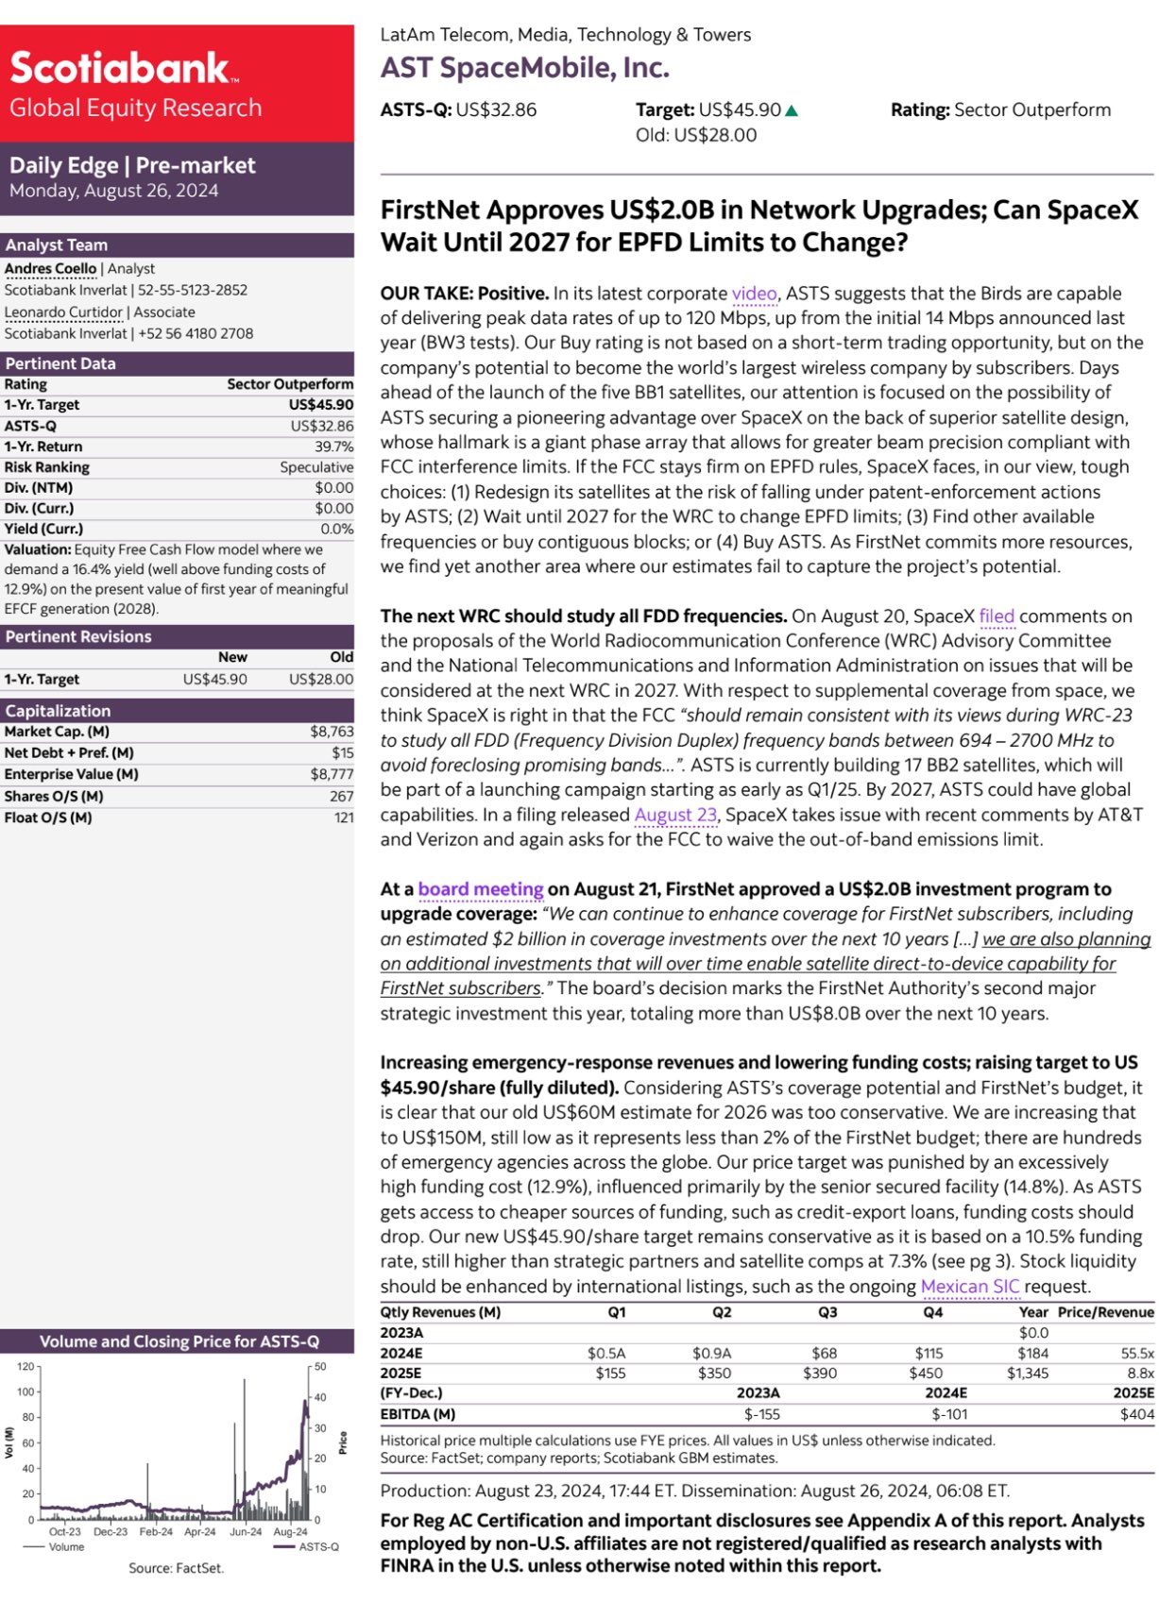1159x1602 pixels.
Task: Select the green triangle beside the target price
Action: pyautogui.click(x=792, y=110)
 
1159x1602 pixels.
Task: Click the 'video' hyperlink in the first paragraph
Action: pyautogui.click(x=754, y=294)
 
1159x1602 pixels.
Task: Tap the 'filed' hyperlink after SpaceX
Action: pyautogui.click(x=997, y=616)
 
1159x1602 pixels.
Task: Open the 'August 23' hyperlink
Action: pyautogui.click(x=675, y=815)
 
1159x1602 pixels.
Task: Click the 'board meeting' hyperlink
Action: pyautogui.click(x=481, y=889)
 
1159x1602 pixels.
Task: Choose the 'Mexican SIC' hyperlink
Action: pyautogui.click(x=970, y=1287)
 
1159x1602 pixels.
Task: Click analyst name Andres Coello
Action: pyautogui.click(x=50, y=269)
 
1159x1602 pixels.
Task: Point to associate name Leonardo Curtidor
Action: pyautogui.click(x=63, y=312)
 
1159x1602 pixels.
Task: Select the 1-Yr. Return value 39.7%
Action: pyautogui.click(x=334, y=447)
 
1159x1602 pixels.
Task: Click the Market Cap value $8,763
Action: pyautogui.click(x=332, y=732)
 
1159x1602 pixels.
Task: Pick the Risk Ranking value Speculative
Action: pyautogui.click(x=316, y=467)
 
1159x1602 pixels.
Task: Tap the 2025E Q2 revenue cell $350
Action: pyautogui.click(x=714, y=1374)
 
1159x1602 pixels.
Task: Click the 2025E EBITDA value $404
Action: pyautogui.click(x=1136, y=1414)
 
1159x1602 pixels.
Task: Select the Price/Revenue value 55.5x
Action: pyautogui.click(x=1137, y=1353)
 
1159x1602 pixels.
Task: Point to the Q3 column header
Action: pyautogui.click(x=827, y=1312)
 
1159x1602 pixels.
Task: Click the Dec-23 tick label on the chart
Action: pyautogui.click(x=111, y=1532)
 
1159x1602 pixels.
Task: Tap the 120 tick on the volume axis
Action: pyautogui.click(x=26, y=1366)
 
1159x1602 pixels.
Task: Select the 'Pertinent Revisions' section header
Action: pyautogui.click(x=78, y=636)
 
